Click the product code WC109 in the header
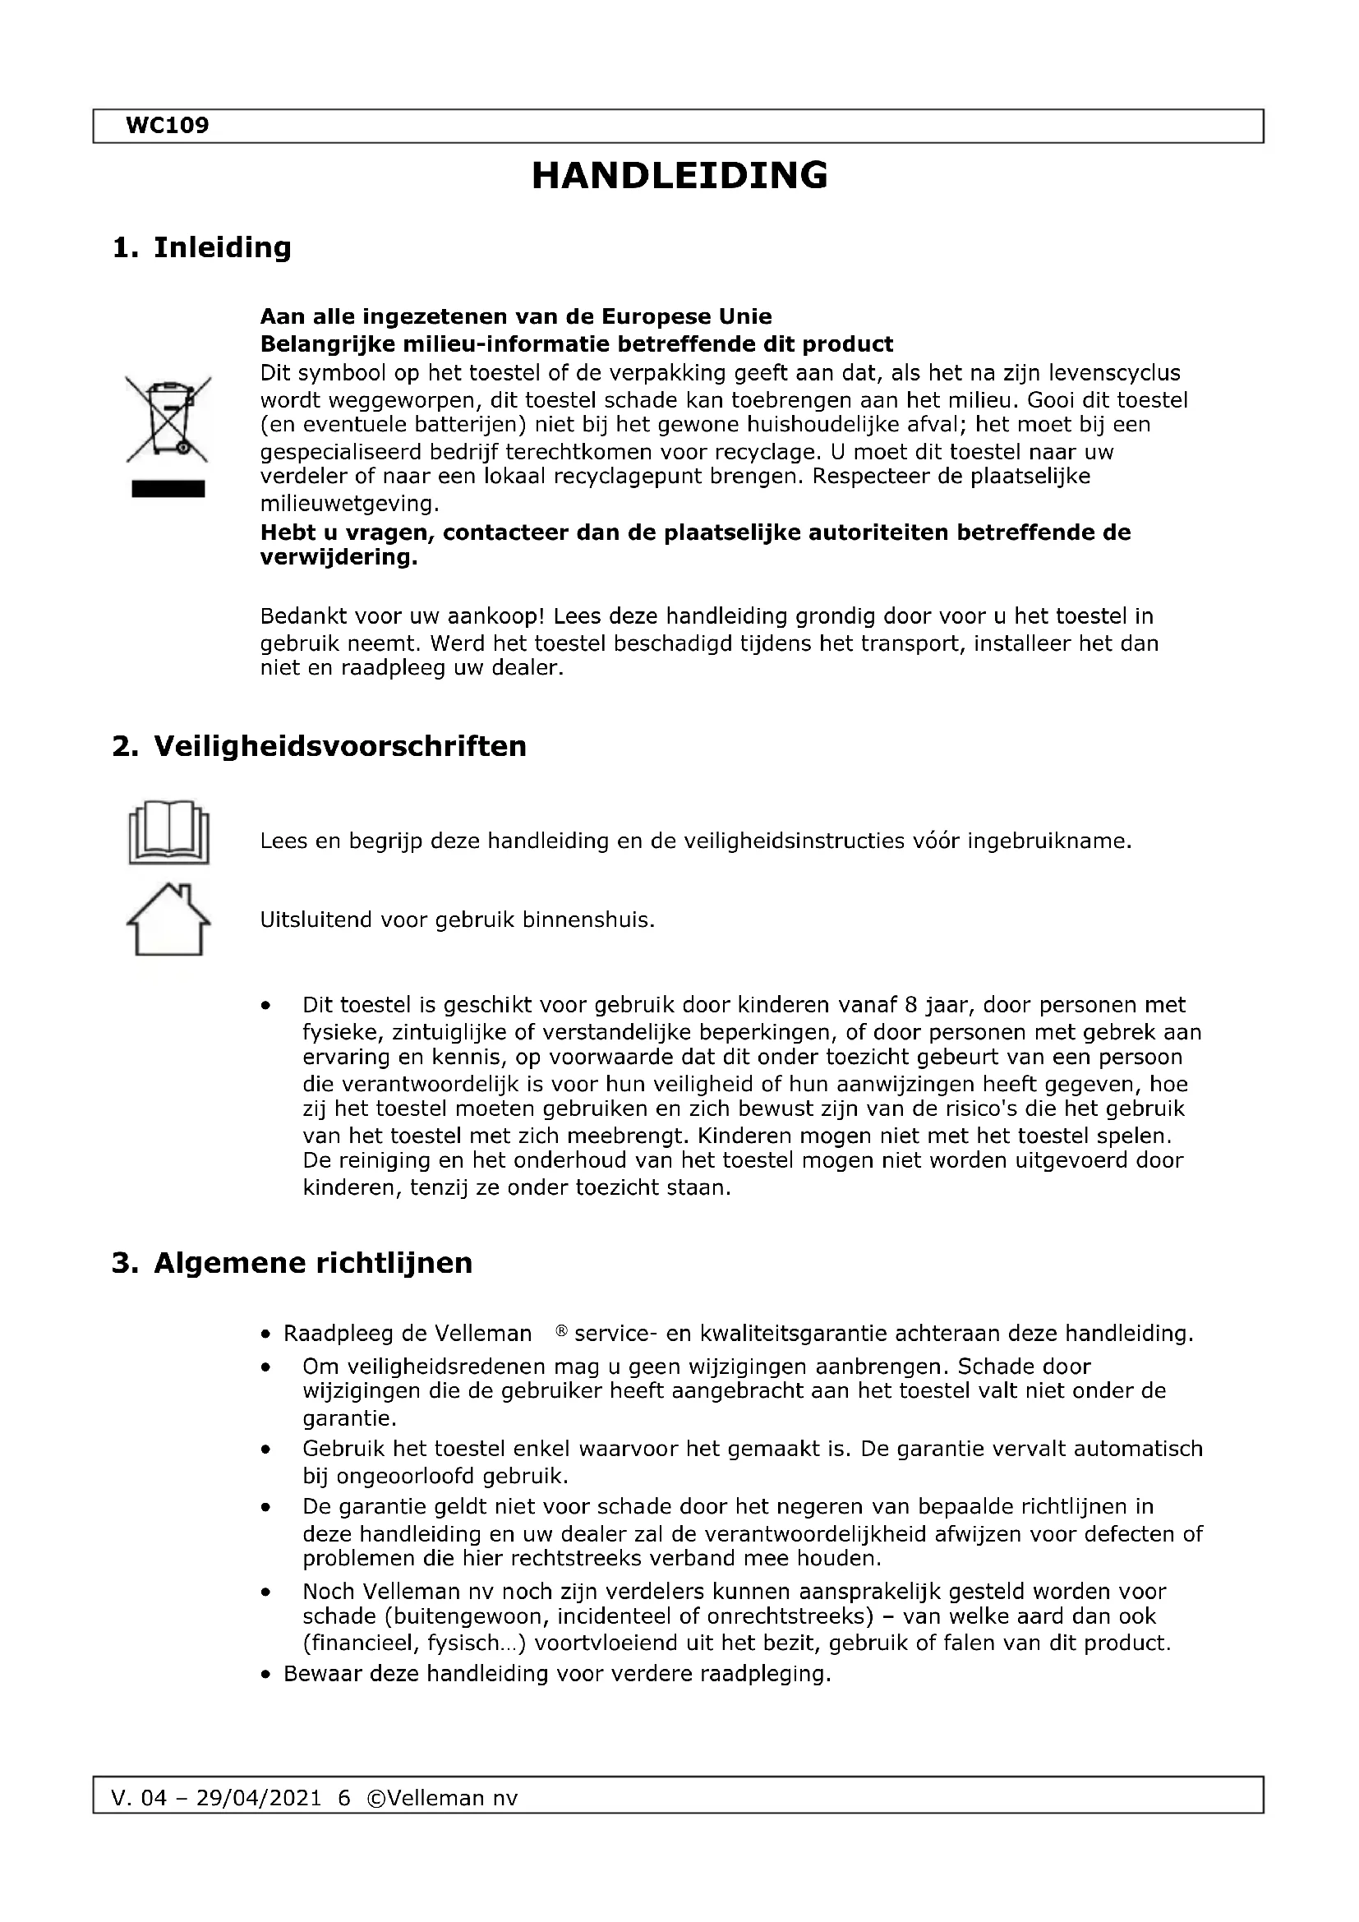[167, 126]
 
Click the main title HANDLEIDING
[679, 176]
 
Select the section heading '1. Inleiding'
[201, 248]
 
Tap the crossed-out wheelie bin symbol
[168, 418]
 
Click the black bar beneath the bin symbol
[168, 489]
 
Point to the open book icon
[168, 833]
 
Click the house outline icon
[168, 920]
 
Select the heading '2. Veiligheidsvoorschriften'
[320, 747]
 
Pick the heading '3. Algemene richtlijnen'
[292, 1263]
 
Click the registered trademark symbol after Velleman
[561, 1330]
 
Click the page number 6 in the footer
[344, 1798]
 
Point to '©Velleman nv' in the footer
[442, 1798]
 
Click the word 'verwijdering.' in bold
[338, 557]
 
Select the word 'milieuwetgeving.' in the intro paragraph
[349, 504]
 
